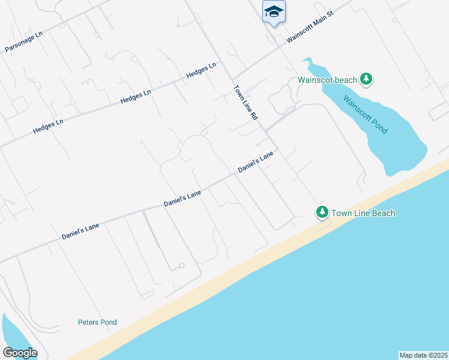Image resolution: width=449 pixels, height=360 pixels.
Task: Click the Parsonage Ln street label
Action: [x=24, y=41]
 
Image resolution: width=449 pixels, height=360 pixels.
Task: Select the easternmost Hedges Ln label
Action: [x=201, y=70]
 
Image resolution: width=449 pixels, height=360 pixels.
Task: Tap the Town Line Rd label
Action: [x=245, y=103]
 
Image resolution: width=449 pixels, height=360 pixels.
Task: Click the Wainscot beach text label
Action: [x=328, y=80]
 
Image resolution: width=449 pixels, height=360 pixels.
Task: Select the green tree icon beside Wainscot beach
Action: [x=366, y=79]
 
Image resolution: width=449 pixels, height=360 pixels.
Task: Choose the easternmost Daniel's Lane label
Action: [x=256, y=162]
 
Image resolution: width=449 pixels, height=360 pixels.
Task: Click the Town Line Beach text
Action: [x=363, y=213]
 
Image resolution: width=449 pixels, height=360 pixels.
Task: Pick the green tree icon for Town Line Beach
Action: [x=322, y=212]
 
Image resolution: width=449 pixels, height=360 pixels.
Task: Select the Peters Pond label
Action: [x=97, y=322]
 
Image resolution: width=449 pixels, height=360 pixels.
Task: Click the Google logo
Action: [x=20, y=353]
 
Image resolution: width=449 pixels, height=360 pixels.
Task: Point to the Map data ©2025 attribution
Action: [x=423, y=355]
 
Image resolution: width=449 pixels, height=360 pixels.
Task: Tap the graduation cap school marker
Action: [x=274, y=11]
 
